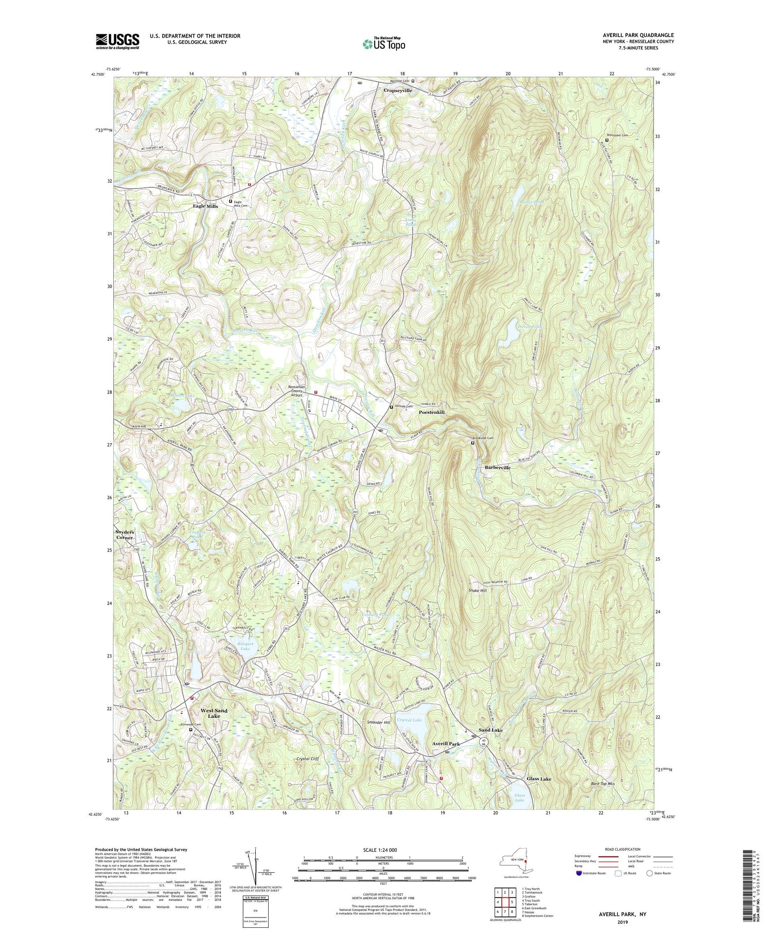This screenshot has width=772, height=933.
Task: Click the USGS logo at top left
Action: point(117,41)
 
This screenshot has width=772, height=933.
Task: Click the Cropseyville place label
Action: point(398,90)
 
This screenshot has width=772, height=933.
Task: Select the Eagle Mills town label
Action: point(205,206)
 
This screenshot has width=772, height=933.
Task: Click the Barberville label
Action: point(494,467)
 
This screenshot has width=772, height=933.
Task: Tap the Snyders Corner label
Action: point(124,534)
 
